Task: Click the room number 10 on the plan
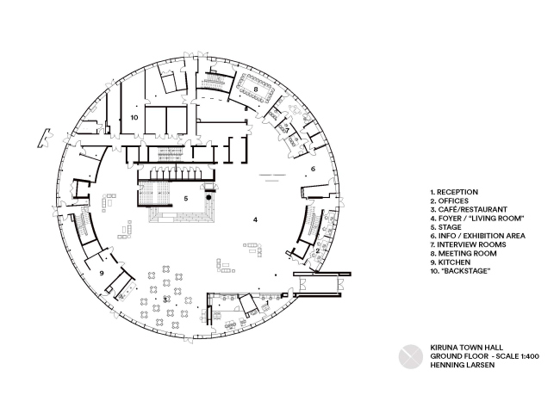point(134,114)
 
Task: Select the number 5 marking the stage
point(185,198)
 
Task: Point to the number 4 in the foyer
point(255,219)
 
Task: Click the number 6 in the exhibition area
point(313,169)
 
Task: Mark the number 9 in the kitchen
point(103,273)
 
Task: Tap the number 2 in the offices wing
point(317,250)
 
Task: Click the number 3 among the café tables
point(165,299)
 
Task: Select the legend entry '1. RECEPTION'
point(453,192)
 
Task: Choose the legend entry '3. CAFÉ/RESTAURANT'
point(468,209)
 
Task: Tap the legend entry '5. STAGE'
point(446,226)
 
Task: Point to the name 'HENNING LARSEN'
point(458,364)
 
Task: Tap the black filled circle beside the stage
point(208,198)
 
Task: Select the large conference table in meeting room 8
point(256,89)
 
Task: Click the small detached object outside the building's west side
point(41,137)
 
